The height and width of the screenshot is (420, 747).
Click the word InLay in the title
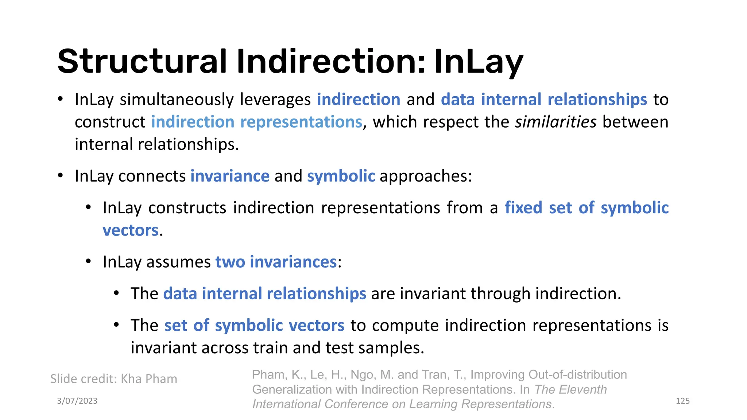point(479,62)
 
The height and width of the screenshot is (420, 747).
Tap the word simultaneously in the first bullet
point(177,100)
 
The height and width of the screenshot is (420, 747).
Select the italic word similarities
point(556,122)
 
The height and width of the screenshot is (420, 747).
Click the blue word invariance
point(230,176)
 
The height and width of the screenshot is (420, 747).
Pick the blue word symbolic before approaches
point(341,176)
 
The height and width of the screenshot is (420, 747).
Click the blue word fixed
point(523,208)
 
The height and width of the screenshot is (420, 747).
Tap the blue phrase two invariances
point(276,262)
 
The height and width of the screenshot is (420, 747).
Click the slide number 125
point(682,401)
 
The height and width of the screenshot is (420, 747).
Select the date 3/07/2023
point(77,401)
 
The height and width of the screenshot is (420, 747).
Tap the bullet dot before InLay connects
point(61,176)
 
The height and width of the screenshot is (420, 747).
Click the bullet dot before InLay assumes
point(88,262)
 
